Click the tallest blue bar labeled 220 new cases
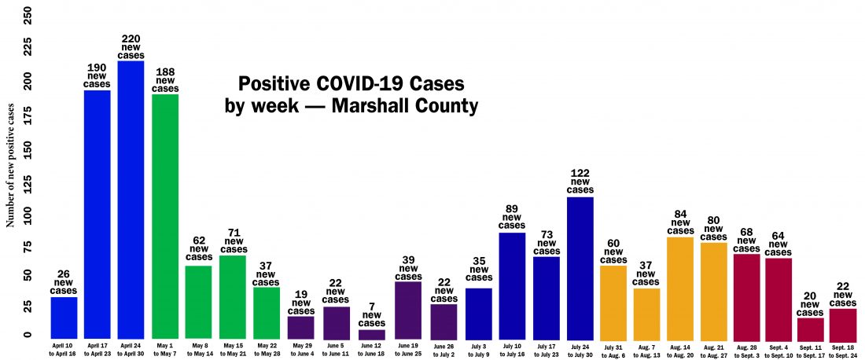coord(131,200)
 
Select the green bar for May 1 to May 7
coord(165,217)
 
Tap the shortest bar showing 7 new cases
coord(372,334)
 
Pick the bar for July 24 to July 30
coord(580,267)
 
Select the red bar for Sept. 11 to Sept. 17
coord(811,329)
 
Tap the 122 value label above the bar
coord(580,172)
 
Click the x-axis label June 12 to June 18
coord(372,348)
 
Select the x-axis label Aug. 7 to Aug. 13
coord(646,348)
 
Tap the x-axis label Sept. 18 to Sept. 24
coord(842,348)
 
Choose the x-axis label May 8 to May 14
coord(199,348)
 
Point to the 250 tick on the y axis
coord(28,15)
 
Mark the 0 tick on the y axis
coord(28,336)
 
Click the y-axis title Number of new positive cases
coord(11,168)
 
